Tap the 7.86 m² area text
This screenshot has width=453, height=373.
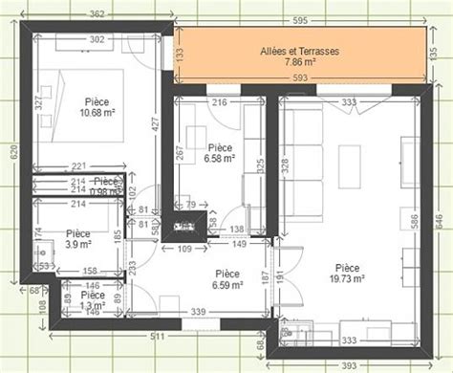tap(299, 63)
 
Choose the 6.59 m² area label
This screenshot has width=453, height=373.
tap(227, 285)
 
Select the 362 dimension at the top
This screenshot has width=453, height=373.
tap(97, 13)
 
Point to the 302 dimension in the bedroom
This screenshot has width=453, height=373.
tap(97, 40)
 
